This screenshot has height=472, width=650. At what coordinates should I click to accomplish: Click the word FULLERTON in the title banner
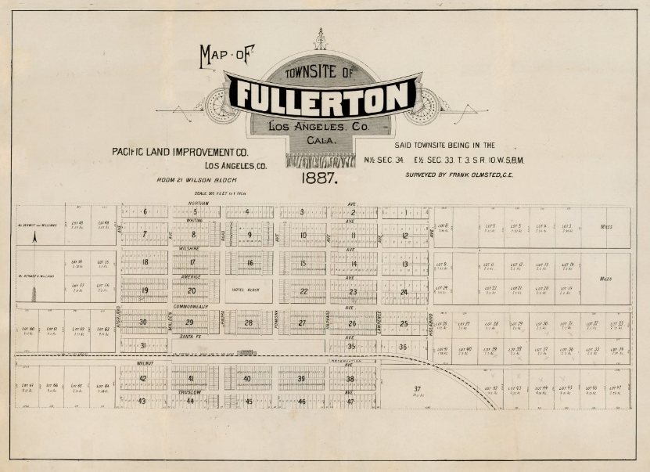point(323,96)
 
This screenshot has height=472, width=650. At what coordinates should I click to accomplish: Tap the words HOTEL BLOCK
point(249,290)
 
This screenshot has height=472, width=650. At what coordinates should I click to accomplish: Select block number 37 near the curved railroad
point(417,389)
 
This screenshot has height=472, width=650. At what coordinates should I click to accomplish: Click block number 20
point(192,290)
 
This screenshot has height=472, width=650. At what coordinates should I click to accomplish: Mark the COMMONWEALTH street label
point(191,306)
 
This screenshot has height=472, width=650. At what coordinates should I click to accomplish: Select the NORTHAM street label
point(196,204)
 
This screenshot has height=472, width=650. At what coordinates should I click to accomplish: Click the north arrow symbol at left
point(34,236)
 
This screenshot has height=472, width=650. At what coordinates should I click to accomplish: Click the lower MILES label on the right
point(605,278)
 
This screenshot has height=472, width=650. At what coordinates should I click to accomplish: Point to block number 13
point(404,265)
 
